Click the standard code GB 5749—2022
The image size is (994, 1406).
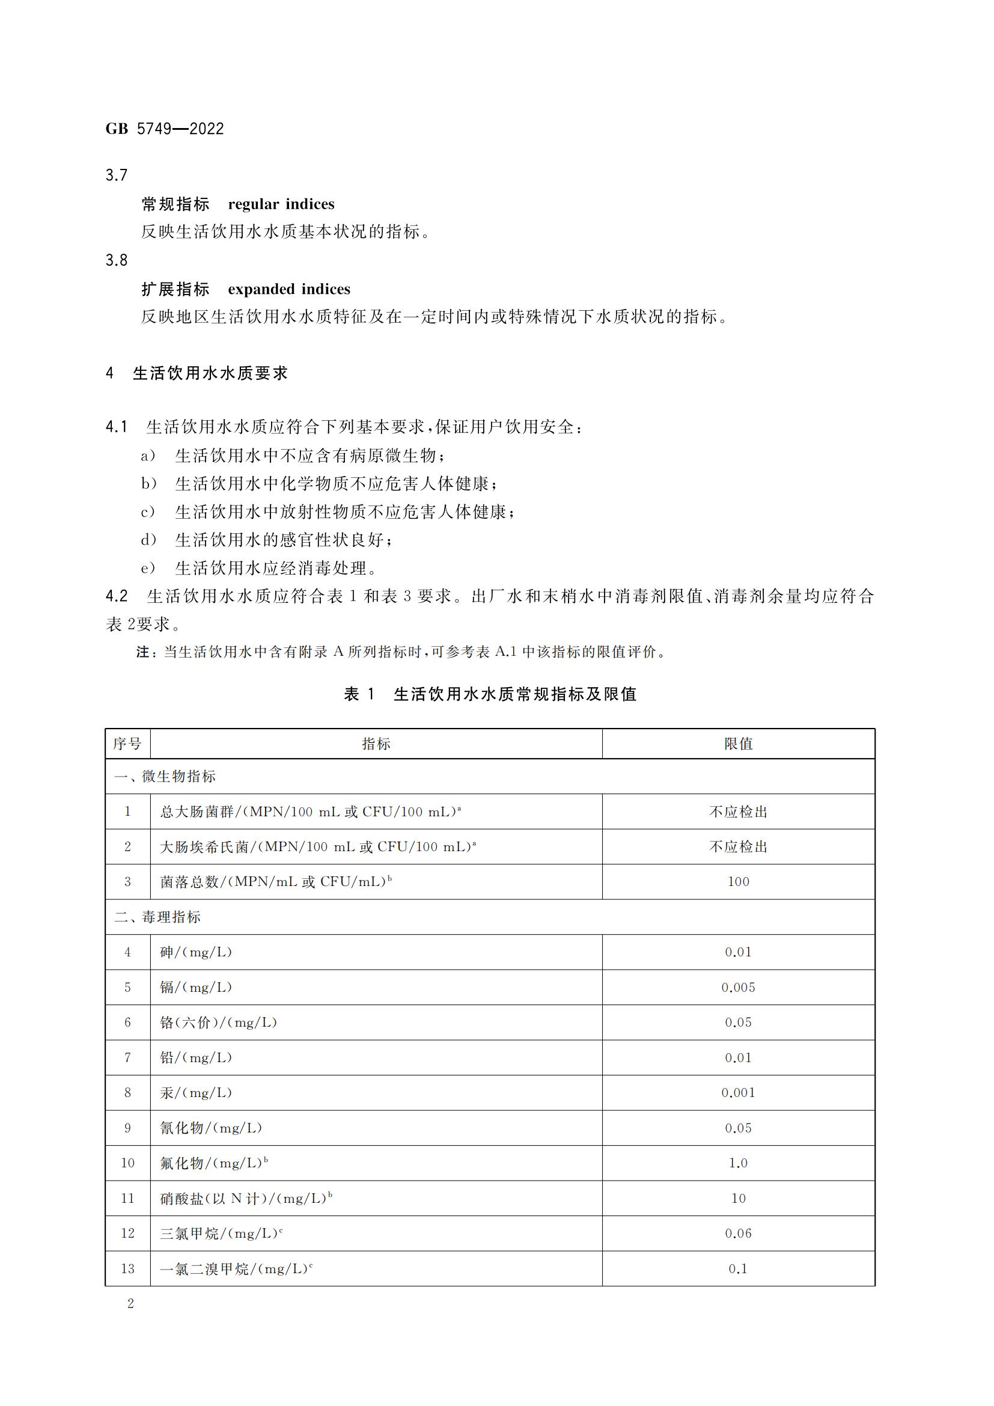(165, 129)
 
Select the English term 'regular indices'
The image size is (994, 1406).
(281, 204)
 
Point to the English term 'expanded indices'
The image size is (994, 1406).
(289, 289)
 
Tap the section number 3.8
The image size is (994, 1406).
(117, 260)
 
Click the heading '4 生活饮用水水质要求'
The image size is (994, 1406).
(197, 373)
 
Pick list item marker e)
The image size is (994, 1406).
(148, 568)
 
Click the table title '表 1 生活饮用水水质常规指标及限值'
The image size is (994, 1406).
(490, 694)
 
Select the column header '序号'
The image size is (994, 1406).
(127, 744)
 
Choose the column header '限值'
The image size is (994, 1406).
(738, 744)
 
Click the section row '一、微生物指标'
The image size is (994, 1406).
(165, 777)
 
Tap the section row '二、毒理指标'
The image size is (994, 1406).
(158, 917)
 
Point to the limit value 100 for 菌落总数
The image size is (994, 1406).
(738, 882)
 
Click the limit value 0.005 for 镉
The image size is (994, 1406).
(738, 987)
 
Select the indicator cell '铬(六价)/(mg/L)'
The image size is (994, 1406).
(219, 1022)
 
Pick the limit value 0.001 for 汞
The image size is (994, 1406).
(738, 1092)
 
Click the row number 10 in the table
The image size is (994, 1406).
(127, 1163)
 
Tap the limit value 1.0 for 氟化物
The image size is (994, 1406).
(738, 1163)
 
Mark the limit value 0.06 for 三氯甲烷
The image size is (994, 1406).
(738, 1233)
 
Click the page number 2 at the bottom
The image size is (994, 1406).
(130, 1304)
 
